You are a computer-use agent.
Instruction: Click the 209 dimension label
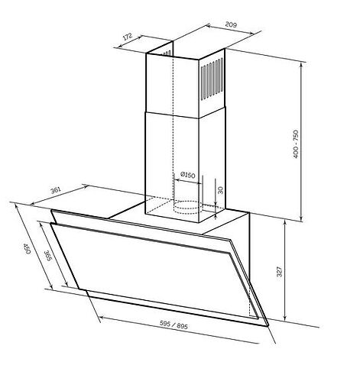pyautogui.click(x=231, y=24)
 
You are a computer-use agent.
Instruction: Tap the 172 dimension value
pyautogui.click(x=128, y=37)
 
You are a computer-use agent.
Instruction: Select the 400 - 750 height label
pyautogui.click(x=296, y=144)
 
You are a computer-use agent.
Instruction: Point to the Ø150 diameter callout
pyautogui.click(x=187, y=175)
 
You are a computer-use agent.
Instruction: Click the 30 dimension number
pyautogui.click(x=221, y=190)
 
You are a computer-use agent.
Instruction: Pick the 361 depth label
pyautogui.click(x=56, y=190)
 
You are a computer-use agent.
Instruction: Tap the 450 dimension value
pyautogui.click(x=27, y=248)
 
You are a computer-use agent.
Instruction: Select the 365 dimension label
pyautogui.click(x=47, y=256)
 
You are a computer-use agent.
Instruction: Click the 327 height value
pyautogui.click(x=279, y=272)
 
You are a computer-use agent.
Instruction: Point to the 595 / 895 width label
pyautogui.click(x=174, y=325)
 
